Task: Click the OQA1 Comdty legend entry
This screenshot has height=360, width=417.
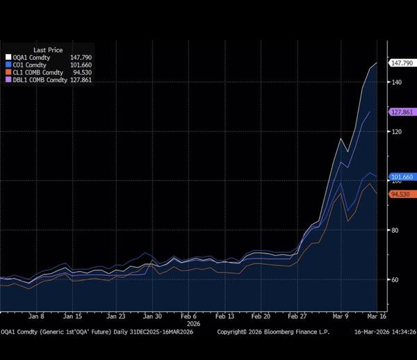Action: pyautogui.click(x=28, y=58)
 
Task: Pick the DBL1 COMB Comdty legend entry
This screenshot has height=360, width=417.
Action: pyautogui.click(x=39, y=80)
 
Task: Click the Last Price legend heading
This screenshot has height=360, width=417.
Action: pyautogui.click(x=28, y=50)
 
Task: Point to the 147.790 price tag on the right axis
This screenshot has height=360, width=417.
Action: pyautogui.click(x=402, y=63)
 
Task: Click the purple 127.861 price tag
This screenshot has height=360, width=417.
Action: pyautogui.click(x=402, y=112)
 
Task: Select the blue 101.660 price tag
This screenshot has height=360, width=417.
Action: pyautogui.click(x=402, y=177)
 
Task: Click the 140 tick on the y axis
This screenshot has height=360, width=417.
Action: pyautogui.click(x=397, y=82)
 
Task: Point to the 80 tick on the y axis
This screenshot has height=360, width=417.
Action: pyautogui.click(x=395, y=230)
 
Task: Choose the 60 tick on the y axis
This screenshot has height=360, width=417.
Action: pyautogui.click(x=395, y=279)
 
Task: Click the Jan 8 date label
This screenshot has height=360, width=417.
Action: pyautogui.click(x=37, y=315)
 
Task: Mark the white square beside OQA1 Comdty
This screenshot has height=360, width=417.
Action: pyautogui.click(x=8, y=58)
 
